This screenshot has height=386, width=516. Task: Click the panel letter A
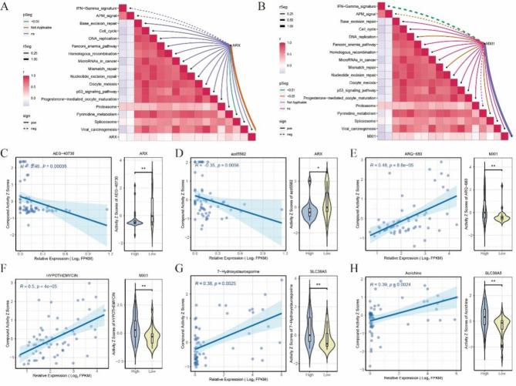(6, 5)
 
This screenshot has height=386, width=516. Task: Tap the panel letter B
(265, 5)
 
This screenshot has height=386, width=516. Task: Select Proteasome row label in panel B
(334, 105)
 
